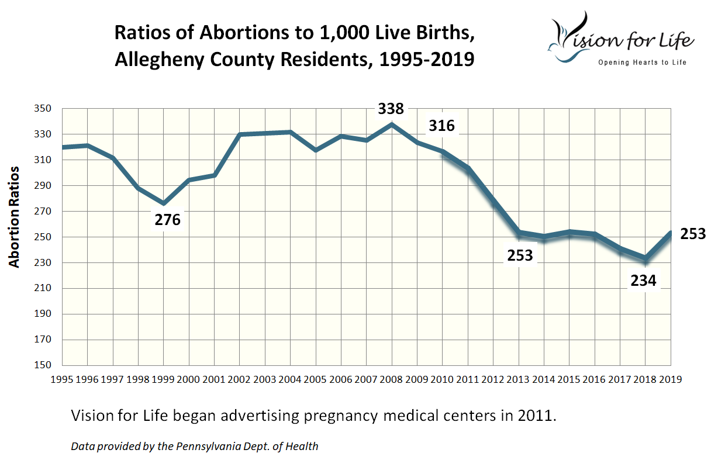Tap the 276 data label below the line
(167, 220)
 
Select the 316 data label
(441, 125)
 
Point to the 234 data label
(643, 281)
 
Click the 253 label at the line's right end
(694, 234)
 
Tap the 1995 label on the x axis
(62, 379)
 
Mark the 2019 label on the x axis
(670, 379)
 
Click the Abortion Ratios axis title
(15, 216)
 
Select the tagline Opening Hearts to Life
(641, 63)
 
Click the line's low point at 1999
(163, 203)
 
